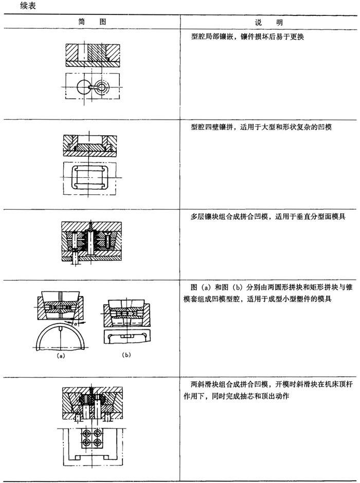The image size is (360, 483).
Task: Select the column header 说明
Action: (269, 24)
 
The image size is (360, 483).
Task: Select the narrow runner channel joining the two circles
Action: (92, 87)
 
